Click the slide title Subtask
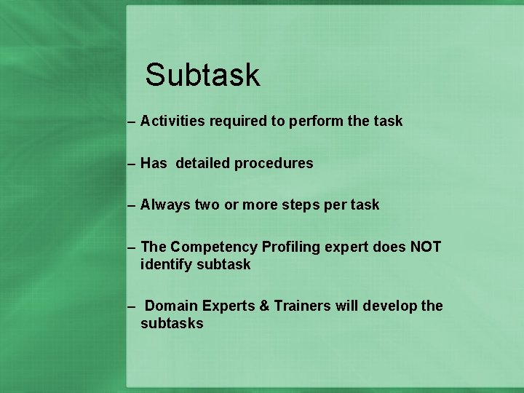[202, 74]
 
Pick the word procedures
[274, 164]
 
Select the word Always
[165, 205]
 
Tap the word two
[207, 205]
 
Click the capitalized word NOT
[425, 247]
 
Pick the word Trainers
[302, 306]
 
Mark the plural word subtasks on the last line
[172, 323]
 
